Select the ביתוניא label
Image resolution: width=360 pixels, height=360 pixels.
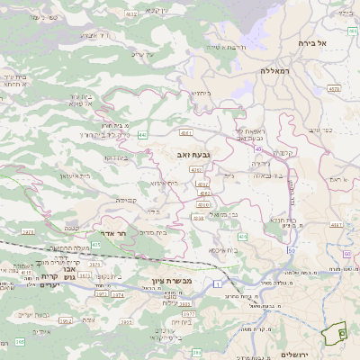200,92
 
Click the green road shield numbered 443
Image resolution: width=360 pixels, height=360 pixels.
142,135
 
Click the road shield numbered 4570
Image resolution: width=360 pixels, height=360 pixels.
334,89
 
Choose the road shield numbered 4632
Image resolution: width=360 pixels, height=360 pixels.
130,14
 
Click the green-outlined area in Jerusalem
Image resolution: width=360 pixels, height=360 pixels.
336,334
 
